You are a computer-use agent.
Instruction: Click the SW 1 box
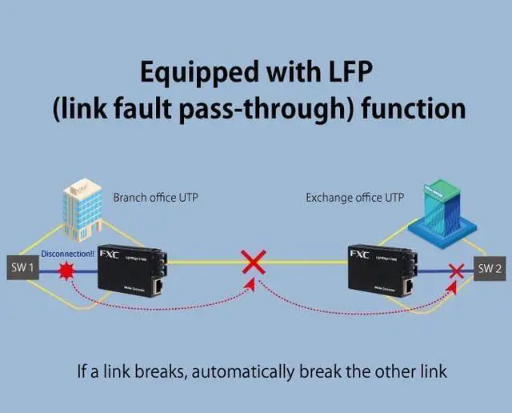pos(21,268)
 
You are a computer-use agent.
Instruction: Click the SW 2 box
pos(490,270)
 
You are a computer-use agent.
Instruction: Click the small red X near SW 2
pos(457,270)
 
